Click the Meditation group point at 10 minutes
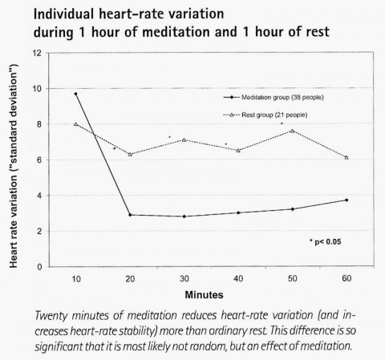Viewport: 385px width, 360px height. [x=76, y=94]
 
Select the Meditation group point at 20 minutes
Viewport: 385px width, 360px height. [x=130, y=215]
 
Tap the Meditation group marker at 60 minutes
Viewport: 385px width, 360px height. [x=346, y=200]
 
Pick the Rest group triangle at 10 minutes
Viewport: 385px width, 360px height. [x=76, y=124]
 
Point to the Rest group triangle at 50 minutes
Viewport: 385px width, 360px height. [x=293, y=131]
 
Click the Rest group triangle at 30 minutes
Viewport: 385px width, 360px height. [x=184, y=140]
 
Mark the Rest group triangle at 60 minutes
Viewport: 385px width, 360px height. [x=346, y=157]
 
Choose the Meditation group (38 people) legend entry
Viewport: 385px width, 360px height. [x=274, y=97]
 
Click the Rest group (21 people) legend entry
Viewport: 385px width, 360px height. [x=265, y=115]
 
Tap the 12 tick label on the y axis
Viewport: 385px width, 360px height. [x=37, y=53]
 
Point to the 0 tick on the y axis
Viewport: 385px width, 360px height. [x=39, y=267]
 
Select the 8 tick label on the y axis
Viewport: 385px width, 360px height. [x=39, y=124]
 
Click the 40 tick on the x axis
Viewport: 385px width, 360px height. [x=238, y=279]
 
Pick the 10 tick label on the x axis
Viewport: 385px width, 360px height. [x=76, y=279]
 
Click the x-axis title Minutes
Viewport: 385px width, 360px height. [x=204, y=295]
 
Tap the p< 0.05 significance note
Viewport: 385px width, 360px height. [x=326, y=242]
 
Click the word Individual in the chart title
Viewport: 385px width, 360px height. [x=63, y=14]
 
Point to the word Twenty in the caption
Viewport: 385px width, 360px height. [x=51, y=316]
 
